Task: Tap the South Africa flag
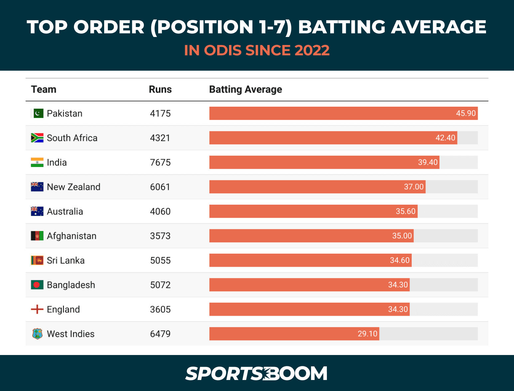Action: coord(37,138)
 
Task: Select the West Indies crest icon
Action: coord(37,334)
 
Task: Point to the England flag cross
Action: coord(37,309)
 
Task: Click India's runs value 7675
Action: coord(160,162)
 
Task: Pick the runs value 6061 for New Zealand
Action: coord(160,187)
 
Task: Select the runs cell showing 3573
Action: coord(160,236)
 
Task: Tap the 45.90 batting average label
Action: coord(465,113)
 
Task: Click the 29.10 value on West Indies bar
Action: coord(367,334)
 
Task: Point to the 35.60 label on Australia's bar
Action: coord(405,211)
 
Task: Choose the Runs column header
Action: coord(160,89)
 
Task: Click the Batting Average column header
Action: coord(245,89)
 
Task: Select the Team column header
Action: coord(44,89)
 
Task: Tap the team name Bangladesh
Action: coord(71,285)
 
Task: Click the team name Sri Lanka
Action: coord(66,260)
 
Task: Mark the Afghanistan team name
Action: coord(72,236)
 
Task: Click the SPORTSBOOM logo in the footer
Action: coord(257,373)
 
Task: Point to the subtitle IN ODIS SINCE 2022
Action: coord(257,50)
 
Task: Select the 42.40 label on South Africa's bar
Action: coord(445,138)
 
